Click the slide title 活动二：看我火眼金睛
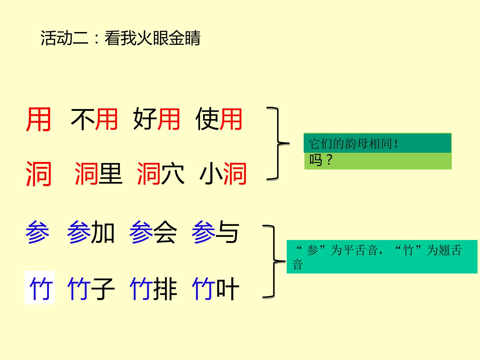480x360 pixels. [x=120, y=38]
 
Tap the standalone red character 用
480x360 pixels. [x=39, y=119]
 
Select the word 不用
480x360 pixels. [x=94, y=119]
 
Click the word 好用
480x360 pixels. [x=157, y=119]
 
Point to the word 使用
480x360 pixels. [x=219, y=119]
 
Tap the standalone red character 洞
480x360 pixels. [x=39, y=174]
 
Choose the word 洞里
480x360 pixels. [x=98, y=174]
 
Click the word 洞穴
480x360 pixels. [x=161, y=174]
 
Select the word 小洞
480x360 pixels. [x=223, y=174]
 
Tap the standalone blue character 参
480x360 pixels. [x=38, y=232]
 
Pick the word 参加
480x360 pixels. [x=91, y=232]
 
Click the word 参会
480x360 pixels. [x=153, y=232]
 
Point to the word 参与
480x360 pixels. [x=215, y=232]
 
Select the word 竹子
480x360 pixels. [x=91, y=289]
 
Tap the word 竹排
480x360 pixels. [x=153, y=289]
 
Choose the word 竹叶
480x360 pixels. [x=215, y=289]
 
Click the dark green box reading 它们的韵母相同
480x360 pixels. [x=377, y=143]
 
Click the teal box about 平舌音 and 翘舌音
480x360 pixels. [x=382, y=257]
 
